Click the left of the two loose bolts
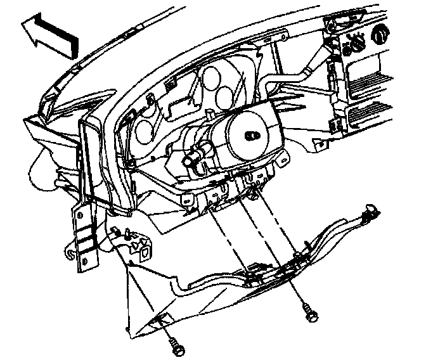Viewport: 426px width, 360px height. [176, 346]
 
